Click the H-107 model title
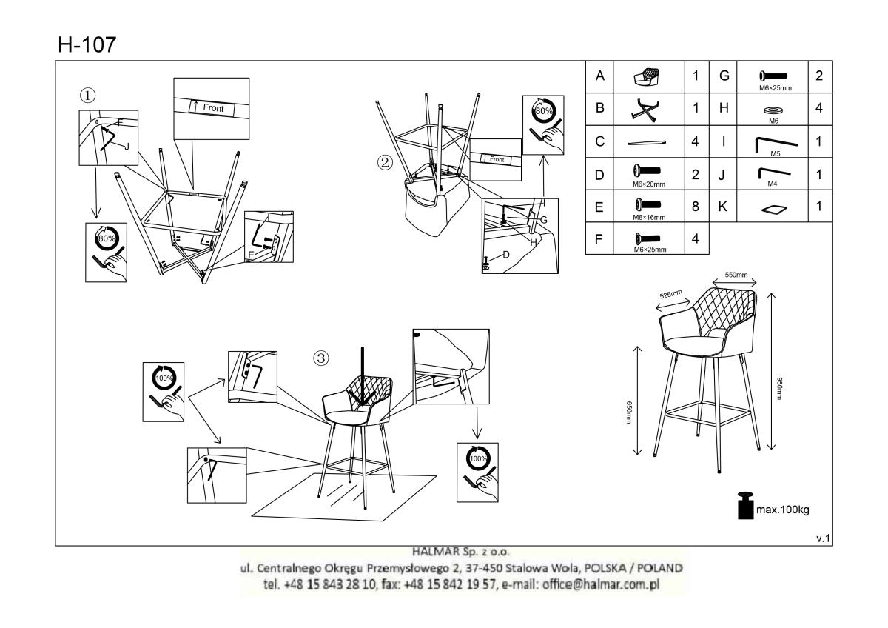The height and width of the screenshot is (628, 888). (87, 44)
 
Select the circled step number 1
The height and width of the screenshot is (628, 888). (87, 96)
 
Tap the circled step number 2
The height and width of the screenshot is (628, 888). (385, 163)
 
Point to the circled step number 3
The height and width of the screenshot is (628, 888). (321, 358)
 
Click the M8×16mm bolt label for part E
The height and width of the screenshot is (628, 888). (649, 218)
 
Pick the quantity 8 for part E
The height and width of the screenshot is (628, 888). (696, 207)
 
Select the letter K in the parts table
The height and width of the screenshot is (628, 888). (723, 207)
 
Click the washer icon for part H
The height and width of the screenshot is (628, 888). (773, 110)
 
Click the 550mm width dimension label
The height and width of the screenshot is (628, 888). (736, 275)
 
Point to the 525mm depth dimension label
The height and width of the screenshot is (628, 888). (670, 294)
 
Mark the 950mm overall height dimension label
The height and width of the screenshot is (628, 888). (779, 388)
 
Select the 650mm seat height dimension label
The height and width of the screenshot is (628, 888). (628, 412)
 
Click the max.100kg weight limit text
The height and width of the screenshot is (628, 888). (783, 510)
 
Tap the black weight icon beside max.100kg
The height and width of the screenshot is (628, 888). (745, 505)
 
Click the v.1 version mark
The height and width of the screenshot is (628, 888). (823, 538)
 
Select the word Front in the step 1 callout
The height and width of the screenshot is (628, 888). (213, 108)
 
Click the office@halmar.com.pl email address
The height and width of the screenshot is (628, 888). (601, 584)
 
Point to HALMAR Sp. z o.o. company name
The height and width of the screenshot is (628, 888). (460, 552)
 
